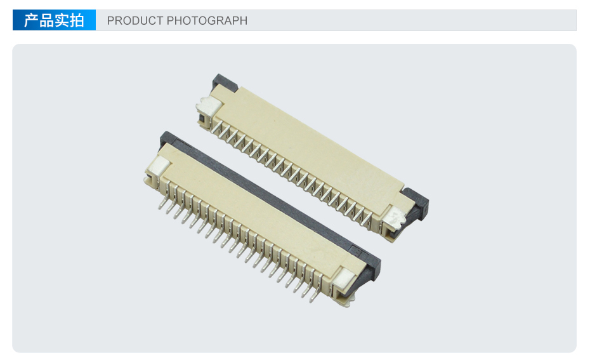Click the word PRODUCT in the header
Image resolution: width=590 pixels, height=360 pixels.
(x=135, y=20)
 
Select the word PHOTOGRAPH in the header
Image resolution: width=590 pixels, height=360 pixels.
(x=207, y=20)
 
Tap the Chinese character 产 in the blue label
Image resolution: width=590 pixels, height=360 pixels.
(x=31, y=20)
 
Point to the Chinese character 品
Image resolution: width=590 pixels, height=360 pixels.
(x=46, y=20)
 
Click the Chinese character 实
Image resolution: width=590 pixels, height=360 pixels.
(x=62, y=20)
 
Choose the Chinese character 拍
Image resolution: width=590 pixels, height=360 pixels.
(x=77, y=20)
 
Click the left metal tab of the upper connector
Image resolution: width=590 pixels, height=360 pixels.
(x=208, y=105)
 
